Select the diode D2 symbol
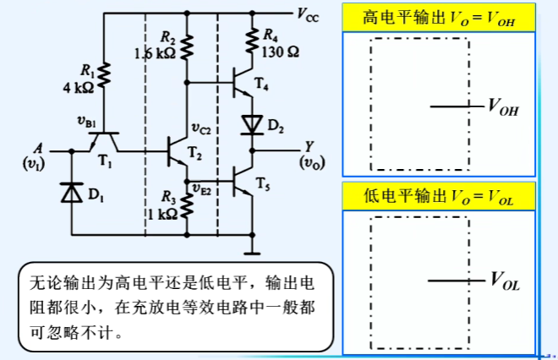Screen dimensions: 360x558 point(251,125)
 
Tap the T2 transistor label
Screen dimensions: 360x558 point(195,154)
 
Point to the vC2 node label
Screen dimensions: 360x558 point(200,128)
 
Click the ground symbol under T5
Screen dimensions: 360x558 point(251,250)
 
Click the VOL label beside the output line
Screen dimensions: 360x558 point(504,281)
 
